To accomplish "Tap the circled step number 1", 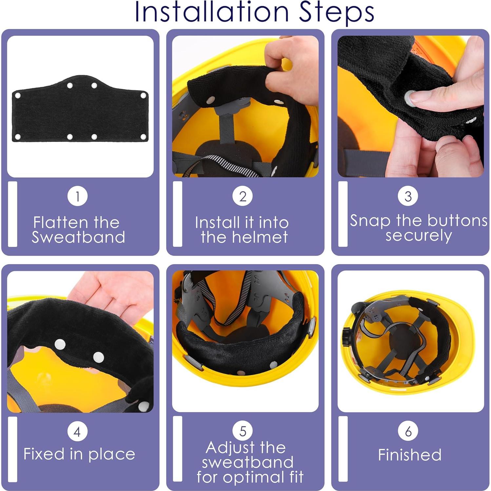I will tap(77, 196).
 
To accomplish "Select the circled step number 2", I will tap(243, 196).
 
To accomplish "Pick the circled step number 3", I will tap(408, 196).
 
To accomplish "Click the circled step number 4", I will tap(77, 431).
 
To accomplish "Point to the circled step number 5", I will tap(243, 431).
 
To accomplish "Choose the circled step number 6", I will tap(408, 431).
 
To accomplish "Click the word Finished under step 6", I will tap(410, 455).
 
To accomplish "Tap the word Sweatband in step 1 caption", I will tap(78, 237).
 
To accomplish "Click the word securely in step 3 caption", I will tap(419, 235).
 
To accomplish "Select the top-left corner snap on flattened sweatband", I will tap(18, 95).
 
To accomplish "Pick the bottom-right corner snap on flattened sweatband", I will tap(143, 137).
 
